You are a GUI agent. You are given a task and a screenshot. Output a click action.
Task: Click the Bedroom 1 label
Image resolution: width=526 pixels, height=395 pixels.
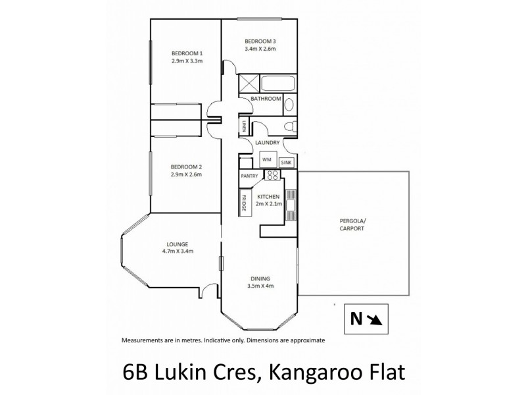coord(187,53)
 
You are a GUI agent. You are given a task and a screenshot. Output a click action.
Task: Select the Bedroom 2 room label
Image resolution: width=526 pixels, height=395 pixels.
coord(187,167)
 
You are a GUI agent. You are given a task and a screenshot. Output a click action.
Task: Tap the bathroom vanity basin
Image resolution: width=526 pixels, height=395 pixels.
coord(291,104)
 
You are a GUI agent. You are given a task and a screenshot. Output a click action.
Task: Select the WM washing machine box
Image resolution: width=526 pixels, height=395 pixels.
coord(267,159)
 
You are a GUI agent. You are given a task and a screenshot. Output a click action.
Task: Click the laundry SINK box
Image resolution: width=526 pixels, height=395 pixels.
coord(287,162)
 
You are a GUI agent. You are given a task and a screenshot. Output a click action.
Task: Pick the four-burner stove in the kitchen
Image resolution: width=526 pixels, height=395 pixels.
coord(272,175)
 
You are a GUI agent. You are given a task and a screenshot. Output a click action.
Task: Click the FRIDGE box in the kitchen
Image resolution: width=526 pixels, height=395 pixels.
coord(243,201)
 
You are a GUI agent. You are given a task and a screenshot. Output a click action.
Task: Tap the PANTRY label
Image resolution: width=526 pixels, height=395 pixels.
coord(249,176)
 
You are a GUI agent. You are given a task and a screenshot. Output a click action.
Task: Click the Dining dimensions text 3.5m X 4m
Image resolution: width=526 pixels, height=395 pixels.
coord(260,286)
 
